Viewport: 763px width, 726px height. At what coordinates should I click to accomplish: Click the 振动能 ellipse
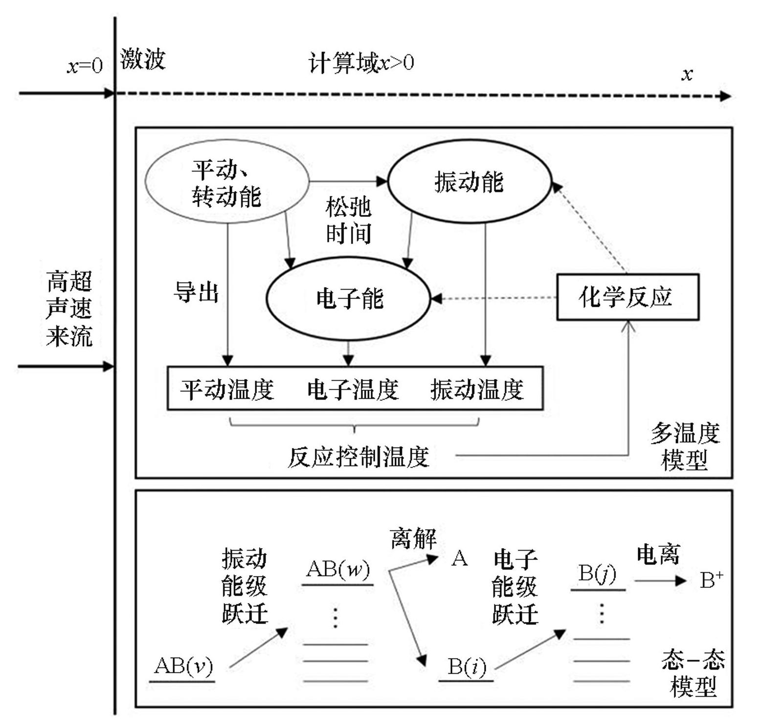coord(469,182)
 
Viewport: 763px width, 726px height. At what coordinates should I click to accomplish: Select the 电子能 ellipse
coord(349,299)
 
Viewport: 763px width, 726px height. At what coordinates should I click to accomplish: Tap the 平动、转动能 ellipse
coord(226,182)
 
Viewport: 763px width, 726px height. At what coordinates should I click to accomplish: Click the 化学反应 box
coord(628,297)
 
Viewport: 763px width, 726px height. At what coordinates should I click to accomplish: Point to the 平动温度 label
coord(227,389)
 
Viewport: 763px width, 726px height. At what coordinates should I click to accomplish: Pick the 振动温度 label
coord(477,389)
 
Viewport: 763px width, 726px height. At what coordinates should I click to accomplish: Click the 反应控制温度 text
coord(358,457)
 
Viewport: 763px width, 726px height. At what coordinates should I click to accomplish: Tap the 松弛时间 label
coord(348,221)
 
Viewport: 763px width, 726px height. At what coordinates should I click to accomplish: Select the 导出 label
coord(196,293)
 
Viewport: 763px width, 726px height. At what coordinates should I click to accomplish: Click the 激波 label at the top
coord(143,60)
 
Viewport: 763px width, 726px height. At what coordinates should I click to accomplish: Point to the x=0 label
coord(85,65)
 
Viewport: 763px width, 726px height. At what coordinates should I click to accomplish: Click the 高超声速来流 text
coord(69,309)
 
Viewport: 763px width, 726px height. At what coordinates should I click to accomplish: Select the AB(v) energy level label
coord(183,666)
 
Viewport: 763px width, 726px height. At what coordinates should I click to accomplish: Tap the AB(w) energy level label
coord(338,569)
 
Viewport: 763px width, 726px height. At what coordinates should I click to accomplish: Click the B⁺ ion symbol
coord(711,580)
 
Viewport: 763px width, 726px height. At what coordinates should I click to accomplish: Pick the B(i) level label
coord(467,666)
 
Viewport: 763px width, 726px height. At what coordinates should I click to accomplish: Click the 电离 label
coord(658,555)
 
